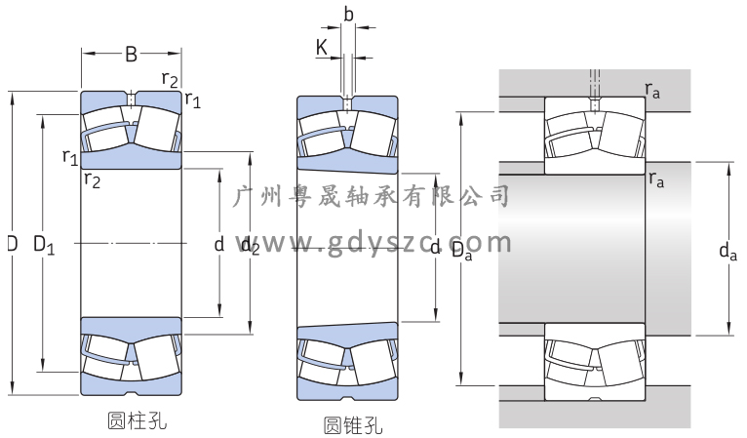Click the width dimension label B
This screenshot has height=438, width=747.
(x=131, y=55)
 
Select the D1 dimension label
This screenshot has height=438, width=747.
(x=44, y=244)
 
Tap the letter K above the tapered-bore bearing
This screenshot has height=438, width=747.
(x=322, y=47)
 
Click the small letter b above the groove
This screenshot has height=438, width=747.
(x=349, y=14)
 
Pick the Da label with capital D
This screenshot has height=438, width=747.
(x=462, y=250)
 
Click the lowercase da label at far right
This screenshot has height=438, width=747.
(x=727, y=252)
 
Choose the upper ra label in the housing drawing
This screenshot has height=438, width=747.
(x=653, y=90)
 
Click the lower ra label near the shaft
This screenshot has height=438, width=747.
(x=656, y=179)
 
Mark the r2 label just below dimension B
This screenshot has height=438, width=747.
(x=170, y=79)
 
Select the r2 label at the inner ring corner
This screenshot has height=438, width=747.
(x=92, y=178)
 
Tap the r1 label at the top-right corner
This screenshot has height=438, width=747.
(x=193, y=99)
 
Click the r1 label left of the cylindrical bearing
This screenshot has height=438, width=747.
(x=69, y=156)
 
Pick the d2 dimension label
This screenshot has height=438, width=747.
(x=251, y=245)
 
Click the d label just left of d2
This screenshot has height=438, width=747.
(x=219, y=244)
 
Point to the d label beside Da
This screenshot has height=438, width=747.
(x=436, y=246)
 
